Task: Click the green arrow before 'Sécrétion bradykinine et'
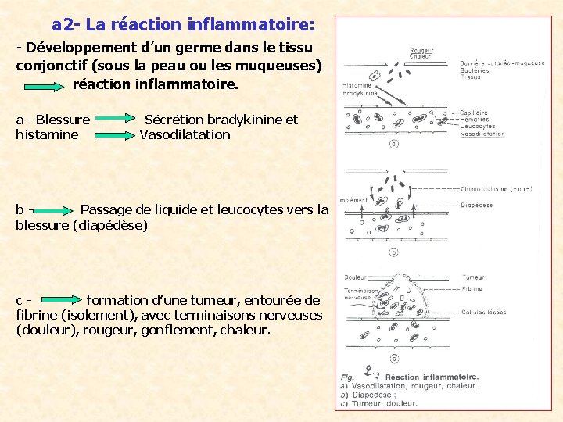tap(118, 120)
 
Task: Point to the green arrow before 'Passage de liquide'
tap(53, 209)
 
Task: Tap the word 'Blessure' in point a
tap(63, 120)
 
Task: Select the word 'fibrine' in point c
tap(38, 315)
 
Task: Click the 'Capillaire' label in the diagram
tap(475, 113)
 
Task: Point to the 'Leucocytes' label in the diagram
tap(478, 127)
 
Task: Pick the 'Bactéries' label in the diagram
tap(475, 70)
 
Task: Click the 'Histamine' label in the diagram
tap(357, 86)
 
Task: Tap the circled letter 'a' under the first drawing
tap(394, 144)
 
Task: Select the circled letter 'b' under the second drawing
tap(394, 252)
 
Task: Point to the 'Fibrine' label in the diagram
tap(472, 289)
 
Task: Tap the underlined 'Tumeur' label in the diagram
tap(473, 277)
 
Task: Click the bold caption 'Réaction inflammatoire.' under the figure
tap(430, 377)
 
